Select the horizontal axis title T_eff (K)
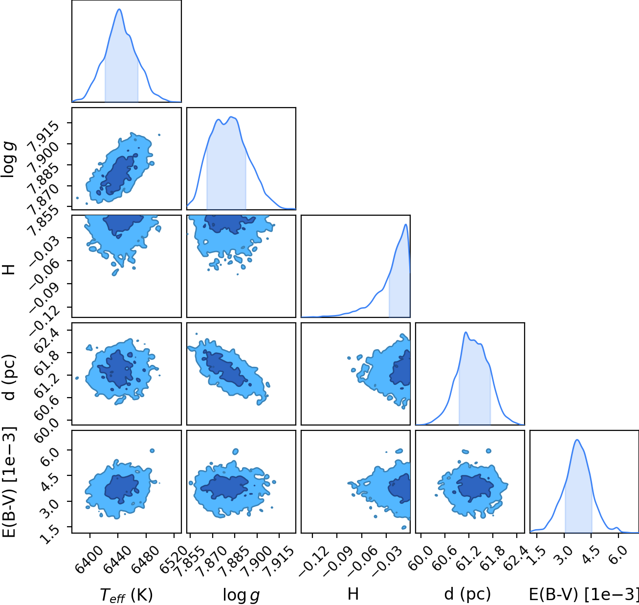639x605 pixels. (x=126, y=595)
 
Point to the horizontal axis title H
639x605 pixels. (x=353, y=594)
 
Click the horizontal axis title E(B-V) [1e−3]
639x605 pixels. (x=584, y=594)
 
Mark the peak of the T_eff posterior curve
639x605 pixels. (x=119, y=9)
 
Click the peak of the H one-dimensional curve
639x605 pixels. (x=406, y=224)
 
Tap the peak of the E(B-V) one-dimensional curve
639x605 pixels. (x=577, y=440)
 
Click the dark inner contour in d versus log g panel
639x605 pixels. (x=224, y=369)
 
